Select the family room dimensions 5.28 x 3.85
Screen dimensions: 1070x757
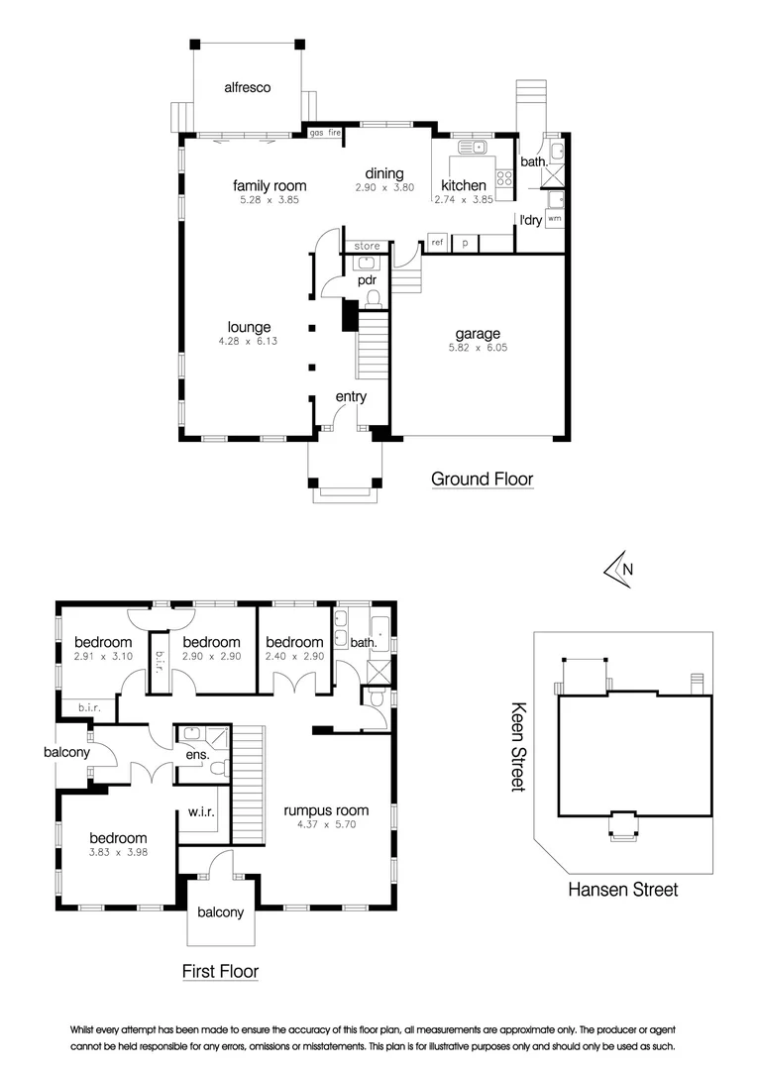click(x=270, y=200)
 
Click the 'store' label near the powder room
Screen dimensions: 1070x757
click(x=367, y=246)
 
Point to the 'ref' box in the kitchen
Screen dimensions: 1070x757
click(x=437, y=242)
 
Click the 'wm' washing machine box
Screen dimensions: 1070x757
click(x=554, y=217)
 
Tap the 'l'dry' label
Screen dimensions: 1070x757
click(x=530, y=220)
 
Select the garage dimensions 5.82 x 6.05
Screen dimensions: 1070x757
click(x=478, y=349)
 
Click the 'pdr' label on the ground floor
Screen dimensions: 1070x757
click(x=368, y=280)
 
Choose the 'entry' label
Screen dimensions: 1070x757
click(x=351, y=397)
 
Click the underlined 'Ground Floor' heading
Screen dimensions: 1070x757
click(x=483, y=480)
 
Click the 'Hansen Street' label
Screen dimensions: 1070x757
click(x=622, y=890)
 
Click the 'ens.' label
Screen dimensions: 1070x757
click(x=197, y=757)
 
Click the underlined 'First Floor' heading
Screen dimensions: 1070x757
click(x=220, y=971)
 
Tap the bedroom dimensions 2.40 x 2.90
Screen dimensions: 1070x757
click(x=294, y=657)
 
